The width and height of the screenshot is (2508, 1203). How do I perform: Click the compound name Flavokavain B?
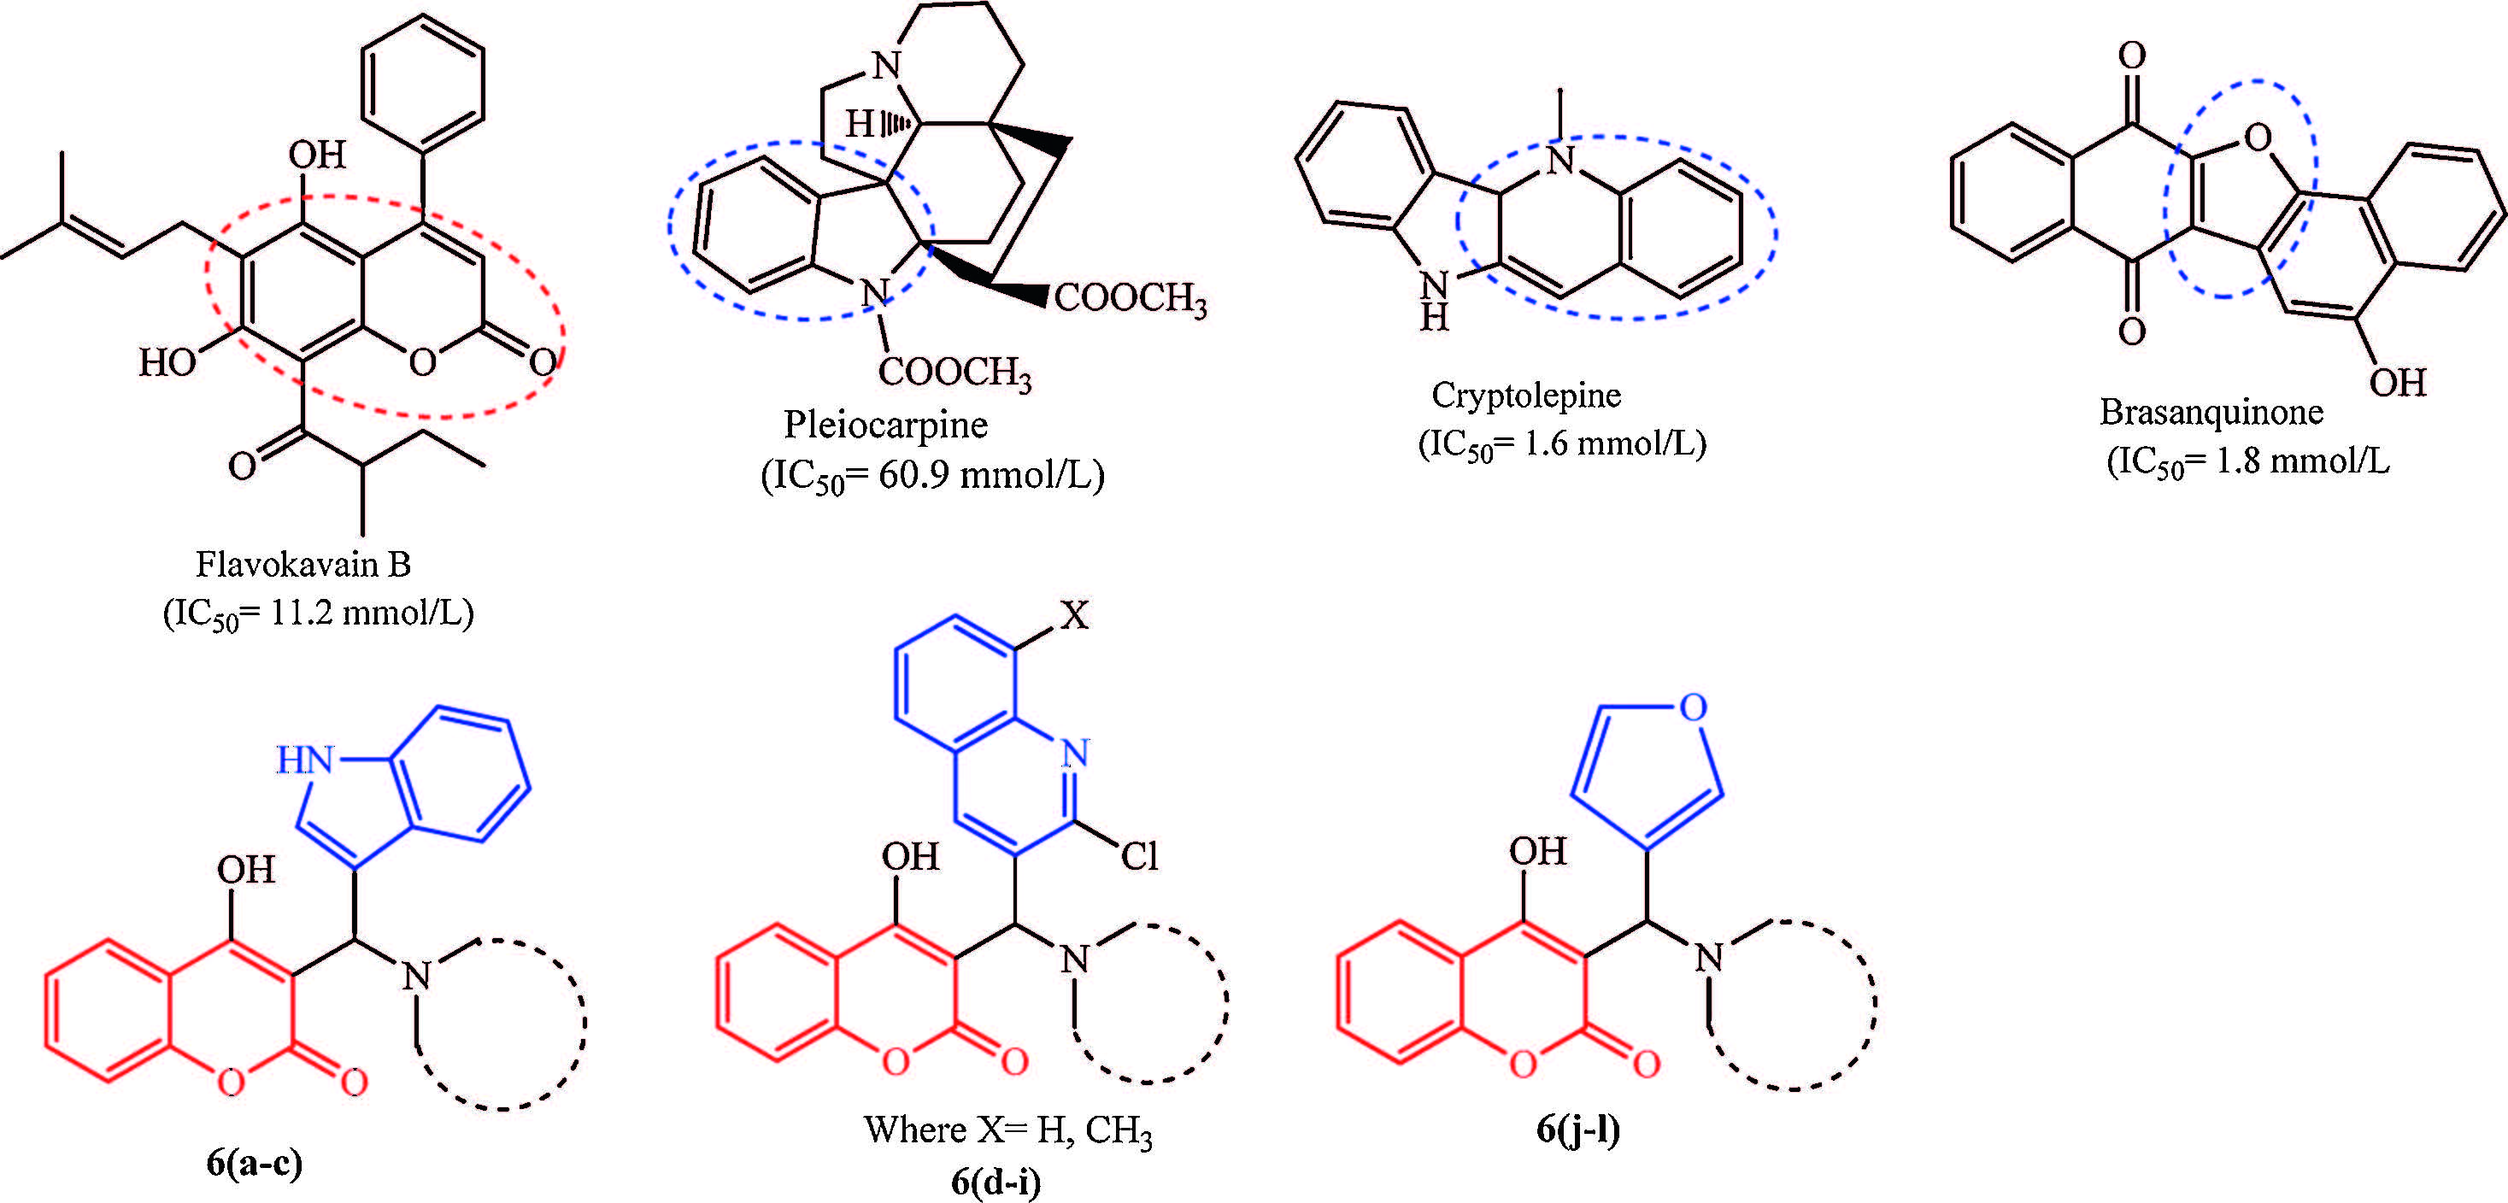(x=302, y=565)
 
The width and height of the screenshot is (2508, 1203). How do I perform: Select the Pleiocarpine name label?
(x=885, y=425)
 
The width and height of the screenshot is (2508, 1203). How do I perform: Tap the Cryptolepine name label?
(x=1525, y=395)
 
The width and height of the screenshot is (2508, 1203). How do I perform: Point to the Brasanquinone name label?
(x=2211, y=412)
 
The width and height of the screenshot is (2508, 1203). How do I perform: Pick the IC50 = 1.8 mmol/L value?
(x=2247, y=461)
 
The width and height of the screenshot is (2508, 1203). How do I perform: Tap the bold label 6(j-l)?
(x=1578, y=1128)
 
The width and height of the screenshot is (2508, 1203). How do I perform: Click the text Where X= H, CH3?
(x=1007, y=1130)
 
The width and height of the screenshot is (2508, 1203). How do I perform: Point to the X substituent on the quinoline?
(x=1074, y=615)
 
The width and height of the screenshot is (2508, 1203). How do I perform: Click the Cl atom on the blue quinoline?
(x=1139, y=856)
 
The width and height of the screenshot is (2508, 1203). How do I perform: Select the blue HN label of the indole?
(x=305, y=760)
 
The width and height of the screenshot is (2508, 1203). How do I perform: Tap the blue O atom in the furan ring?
(x=1693, y=707)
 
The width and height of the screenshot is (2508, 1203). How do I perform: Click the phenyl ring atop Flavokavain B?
(x=422, y=83)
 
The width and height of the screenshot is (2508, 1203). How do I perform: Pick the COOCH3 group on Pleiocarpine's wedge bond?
(x=1130, y=298)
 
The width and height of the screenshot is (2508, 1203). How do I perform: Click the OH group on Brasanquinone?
(x=2397, y=383)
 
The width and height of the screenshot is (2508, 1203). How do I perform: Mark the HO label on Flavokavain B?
(x=167, y=362)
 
